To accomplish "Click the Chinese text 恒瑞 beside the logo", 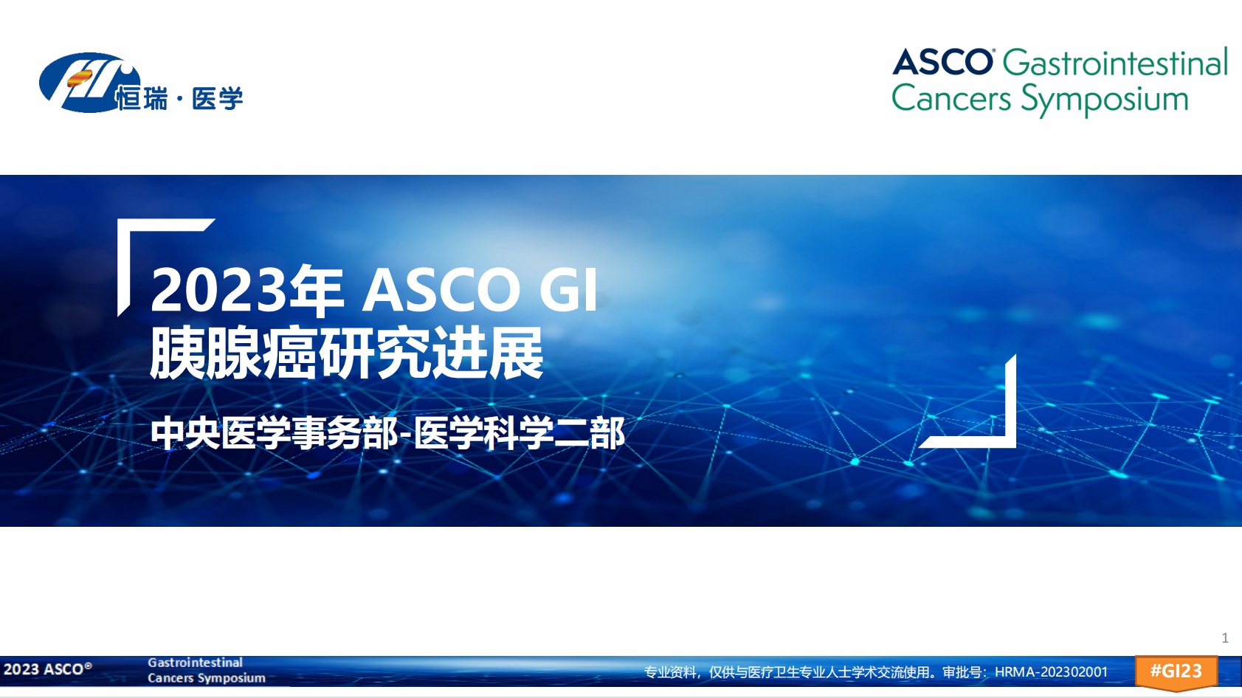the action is [x=142, y=99].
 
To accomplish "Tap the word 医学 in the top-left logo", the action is [x=218, y=99].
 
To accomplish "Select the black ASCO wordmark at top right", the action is [x=942, y=61].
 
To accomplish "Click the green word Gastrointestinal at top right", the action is [x=1115, y=62].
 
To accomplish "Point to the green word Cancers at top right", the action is [x=951, y=99].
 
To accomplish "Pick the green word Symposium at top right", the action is [x=1105, y=100].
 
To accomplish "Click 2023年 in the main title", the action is [x=247, y=288].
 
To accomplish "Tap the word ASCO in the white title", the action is [x=441, y=289].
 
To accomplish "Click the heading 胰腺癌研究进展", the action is [x=347, y=353].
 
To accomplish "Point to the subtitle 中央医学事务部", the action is [x=274, y=433].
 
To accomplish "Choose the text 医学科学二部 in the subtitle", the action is [x=519, y=433].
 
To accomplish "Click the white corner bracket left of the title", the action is [x=124, y=266].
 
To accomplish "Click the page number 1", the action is [x=1225, y=638].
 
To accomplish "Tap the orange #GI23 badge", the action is [x=1176, y=672].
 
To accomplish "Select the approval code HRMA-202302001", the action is [x=1052, y=672].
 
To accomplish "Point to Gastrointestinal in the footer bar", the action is [x=195, y=663].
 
